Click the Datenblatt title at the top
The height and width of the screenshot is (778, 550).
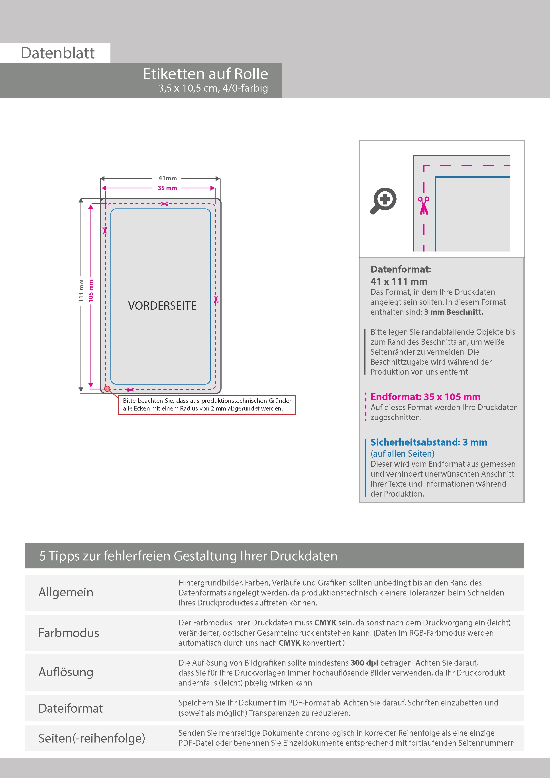pos(58,53)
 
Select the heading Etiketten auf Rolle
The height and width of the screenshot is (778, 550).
pos(205,74)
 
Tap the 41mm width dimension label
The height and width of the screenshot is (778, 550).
pos(167,178)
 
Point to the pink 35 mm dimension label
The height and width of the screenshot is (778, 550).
pos(167,188)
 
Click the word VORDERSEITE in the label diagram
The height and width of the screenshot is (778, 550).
pos(162,306)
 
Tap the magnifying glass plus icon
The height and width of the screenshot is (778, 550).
pos(384,201)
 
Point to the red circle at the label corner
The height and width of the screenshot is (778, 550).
pos(107,389)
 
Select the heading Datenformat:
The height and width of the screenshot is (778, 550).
pos(401,269)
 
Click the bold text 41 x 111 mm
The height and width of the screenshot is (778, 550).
pos(399,281)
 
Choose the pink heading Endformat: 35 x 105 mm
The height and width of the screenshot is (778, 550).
pos(425,397)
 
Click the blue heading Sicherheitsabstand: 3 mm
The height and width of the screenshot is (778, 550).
pos(429,442)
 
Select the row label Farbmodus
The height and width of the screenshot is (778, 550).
pos(69,633)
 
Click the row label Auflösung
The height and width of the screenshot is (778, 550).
pos(66,672)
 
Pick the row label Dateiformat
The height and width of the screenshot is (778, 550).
pos(71,708)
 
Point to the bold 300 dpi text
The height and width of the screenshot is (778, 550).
pos(364,663)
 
